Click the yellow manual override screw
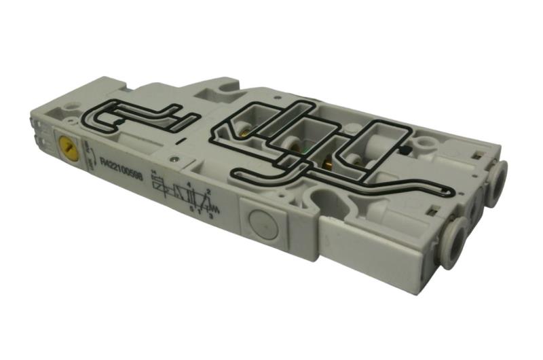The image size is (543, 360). click(67, 144)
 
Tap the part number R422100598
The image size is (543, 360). click(120, 166)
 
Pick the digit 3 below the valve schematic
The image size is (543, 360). click(210, 216)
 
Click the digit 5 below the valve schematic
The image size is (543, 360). click(191, 207)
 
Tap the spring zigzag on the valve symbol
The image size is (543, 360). click(216, 204)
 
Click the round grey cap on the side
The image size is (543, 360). click(260, 222)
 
